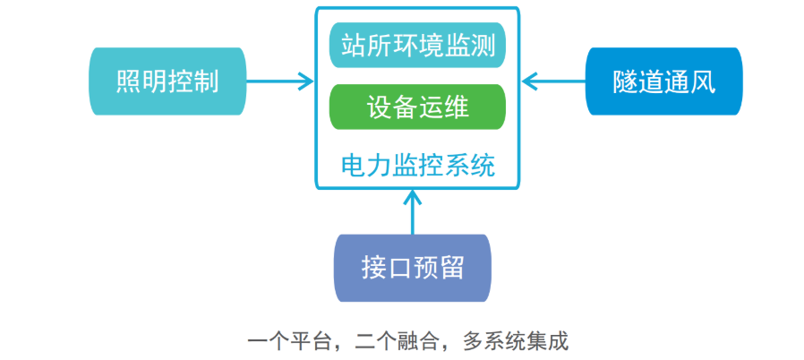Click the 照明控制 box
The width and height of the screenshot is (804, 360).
click(x=167, y=81)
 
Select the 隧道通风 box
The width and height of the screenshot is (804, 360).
click(x=664, y=81)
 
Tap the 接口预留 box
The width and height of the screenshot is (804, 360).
click(x=413, y=267)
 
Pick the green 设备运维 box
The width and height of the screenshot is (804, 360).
click(x=417, y=107)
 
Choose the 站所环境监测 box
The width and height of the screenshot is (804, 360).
click(x=417, y=45)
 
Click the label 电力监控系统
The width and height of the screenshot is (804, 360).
click(x=417, y=166)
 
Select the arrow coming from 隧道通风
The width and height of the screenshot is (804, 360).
click(x=553, y=81)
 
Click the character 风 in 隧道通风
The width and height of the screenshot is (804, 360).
click(x=703, y=81)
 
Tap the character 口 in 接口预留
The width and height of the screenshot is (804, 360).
click(x=400, y=267)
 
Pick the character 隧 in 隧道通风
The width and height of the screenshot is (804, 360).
click(x=626, y=81)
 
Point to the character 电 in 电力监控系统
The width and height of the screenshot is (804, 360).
click(x=354, y=166)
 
